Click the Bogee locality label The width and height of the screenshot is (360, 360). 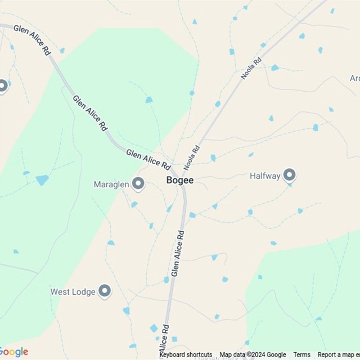pyautogui.click(x=180, y=181)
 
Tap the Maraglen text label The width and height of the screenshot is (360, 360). pyautogui.click(x=111, y=184)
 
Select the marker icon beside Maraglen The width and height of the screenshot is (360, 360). pyautogui.click(x=138, y=183)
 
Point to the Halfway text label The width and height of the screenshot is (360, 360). pyautogui.click(x=264, y=176)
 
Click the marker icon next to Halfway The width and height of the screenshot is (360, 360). pyautogui.click(x=290, y=175)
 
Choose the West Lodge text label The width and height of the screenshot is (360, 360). pyautogui.click(x=72, y=291)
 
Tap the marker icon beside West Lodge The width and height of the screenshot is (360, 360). pyautogui.click(x=105, y=291)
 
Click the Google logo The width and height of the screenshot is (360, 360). pyautogui.click(x=15, y=352)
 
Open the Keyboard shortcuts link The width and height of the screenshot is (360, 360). pyautogui.click(x=186, y=355)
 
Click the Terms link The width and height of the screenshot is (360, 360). pyautogui.click(x=301, y=355)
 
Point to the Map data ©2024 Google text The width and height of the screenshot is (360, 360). pyautogui.click(x=253, y=355)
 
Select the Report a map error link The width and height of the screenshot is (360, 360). pyautogui.click(x=338, y=355)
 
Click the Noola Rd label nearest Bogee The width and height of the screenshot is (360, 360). pyautogui.click(x=192, y=159)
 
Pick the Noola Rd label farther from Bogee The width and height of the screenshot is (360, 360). pyautogui.click(x=251, y=68)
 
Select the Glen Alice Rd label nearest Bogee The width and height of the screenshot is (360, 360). pyautogui.click(x=148, y=160)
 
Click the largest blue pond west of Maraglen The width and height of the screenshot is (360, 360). pyautogui.click(x=42, y=180)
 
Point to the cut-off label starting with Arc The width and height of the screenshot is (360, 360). pyautogui.click(x=354, y=78)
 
